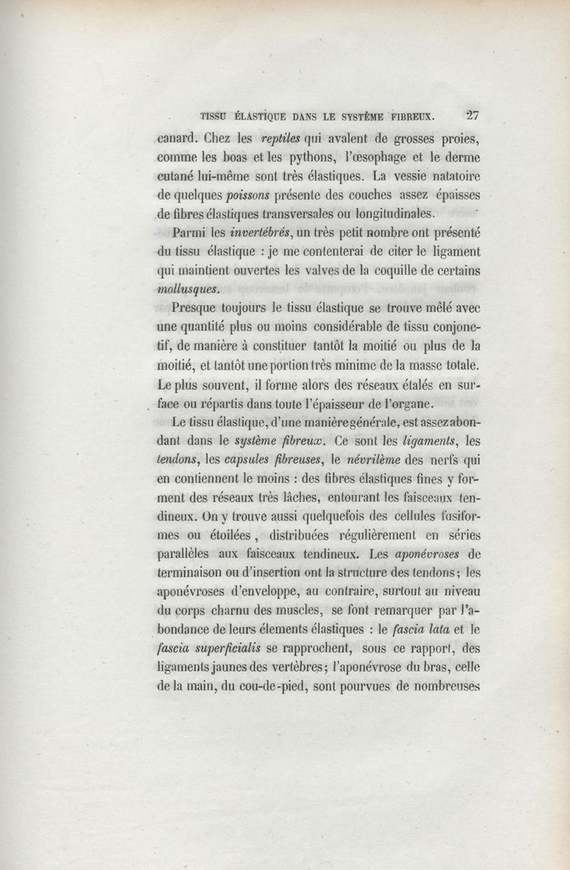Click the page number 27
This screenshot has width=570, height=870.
pyautogui.click(x=472, y=113)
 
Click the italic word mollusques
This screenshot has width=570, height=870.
pyautogui.click(x=188, y=290)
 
